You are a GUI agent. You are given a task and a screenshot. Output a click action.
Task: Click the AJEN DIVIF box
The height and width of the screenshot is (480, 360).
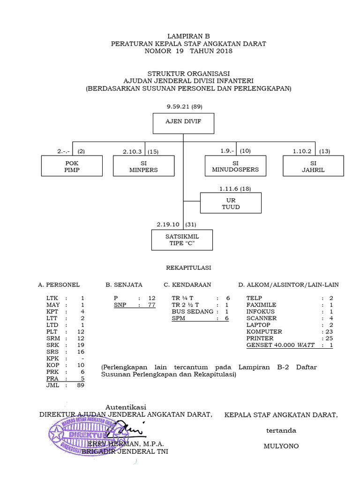coord(184,123)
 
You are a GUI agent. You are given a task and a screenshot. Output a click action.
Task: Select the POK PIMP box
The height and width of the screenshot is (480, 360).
coord(72,166)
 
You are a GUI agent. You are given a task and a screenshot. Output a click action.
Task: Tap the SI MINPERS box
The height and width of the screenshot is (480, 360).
coord(143,166)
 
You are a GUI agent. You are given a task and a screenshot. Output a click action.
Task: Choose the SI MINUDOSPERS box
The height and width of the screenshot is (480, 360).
coord(235,166)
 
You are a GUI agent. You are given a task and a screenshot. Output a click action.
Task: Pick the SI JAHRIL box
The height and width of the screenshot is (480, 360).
coord(313,166)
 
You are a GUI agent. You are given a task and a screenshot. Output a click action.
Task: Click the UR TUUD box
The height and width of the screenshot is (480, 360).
coord(231,203)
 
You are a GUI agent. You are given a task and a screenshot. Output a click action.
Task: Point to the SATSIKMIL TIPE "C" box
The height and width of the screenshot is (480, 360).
coord(182,240)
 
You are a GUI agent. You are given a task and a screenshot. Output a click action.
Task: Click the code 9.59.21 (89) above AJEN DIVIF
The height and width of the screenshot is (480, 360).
coord(184,107)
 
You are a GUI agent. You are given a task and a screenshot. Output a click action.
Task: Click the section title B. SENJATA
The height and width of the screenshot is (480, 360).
coord(124,285)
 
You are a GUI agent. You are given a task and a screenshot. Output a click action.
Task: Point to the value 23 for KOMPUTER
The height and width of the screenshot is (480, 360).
coord(329,331)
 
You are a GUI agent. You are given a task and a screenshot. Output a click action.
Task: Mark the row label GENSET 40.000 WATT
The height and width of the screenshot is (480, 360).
coord(281,345)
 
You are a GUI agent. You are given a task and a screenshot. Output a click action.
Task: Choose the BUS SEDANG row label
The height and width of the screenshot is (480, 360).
coord(193,311)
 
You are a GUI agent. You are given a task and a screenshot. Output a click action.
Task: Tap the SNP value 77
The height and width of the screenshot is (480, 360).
coord(151,305)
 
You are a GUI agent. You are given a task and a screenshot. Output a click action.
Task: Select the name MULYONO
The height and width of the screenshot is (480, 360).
coord(281,446)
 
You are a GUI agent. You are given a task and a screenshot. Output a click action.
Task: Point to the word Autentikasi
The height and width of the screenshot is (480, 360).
coord(126,406)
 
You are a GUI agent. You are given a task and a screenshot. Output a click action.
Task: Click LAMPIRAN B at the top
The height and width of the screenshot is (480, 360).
coord(188,36)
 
